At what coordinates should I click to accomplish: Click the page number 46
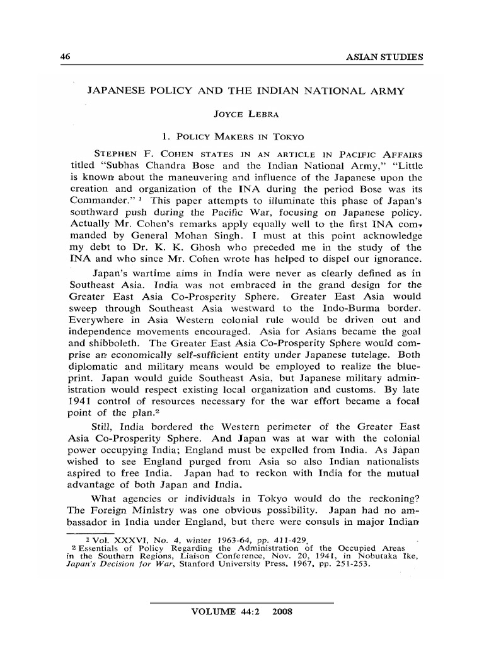click(64, 56)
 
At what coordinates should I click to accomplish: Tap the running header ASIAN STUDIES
click(385, 57)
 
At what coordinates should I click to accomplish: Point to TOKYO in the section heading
click(287, 136)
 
